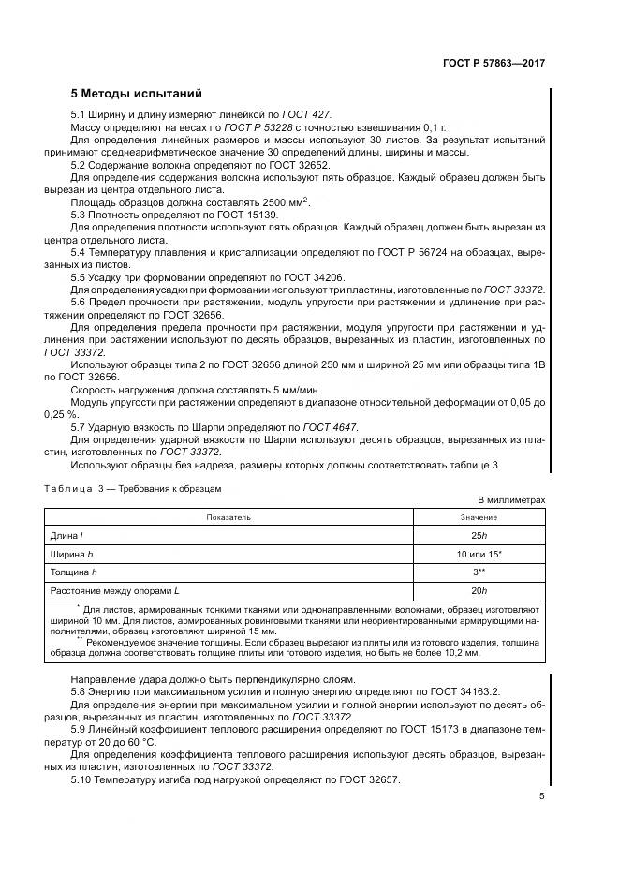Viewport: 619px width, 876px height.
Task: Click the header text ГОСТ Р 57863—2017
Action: (494, 63)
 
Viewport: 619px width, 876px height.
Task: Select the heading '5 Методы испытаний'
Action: (136, 94)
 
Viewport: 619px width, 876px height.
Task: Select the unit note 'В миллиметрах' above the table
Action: (510, 501)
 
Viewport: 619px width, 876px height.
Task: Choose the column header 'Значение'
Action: (479, 517)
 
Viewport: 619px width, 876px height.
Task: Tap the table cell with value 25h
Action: (479, 535)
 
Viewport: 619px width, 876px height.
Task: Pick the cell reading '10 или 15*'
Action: (479, 553)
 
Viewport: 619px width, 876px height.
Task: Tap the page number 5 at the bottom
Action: (542, 795)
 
